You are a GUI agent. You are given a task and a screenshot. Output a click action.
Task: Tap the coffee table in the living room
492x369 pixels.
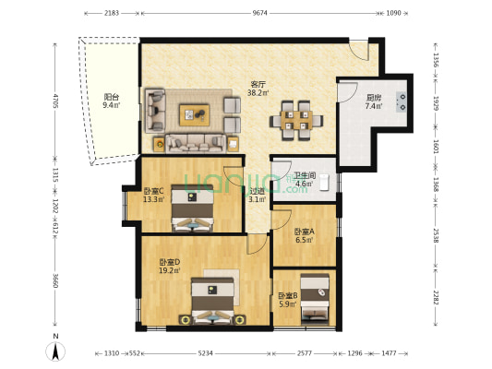pos(194,113)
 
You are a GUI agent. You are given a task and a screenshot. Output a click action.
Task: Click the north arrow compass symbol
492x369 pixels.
pos(54,351)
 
